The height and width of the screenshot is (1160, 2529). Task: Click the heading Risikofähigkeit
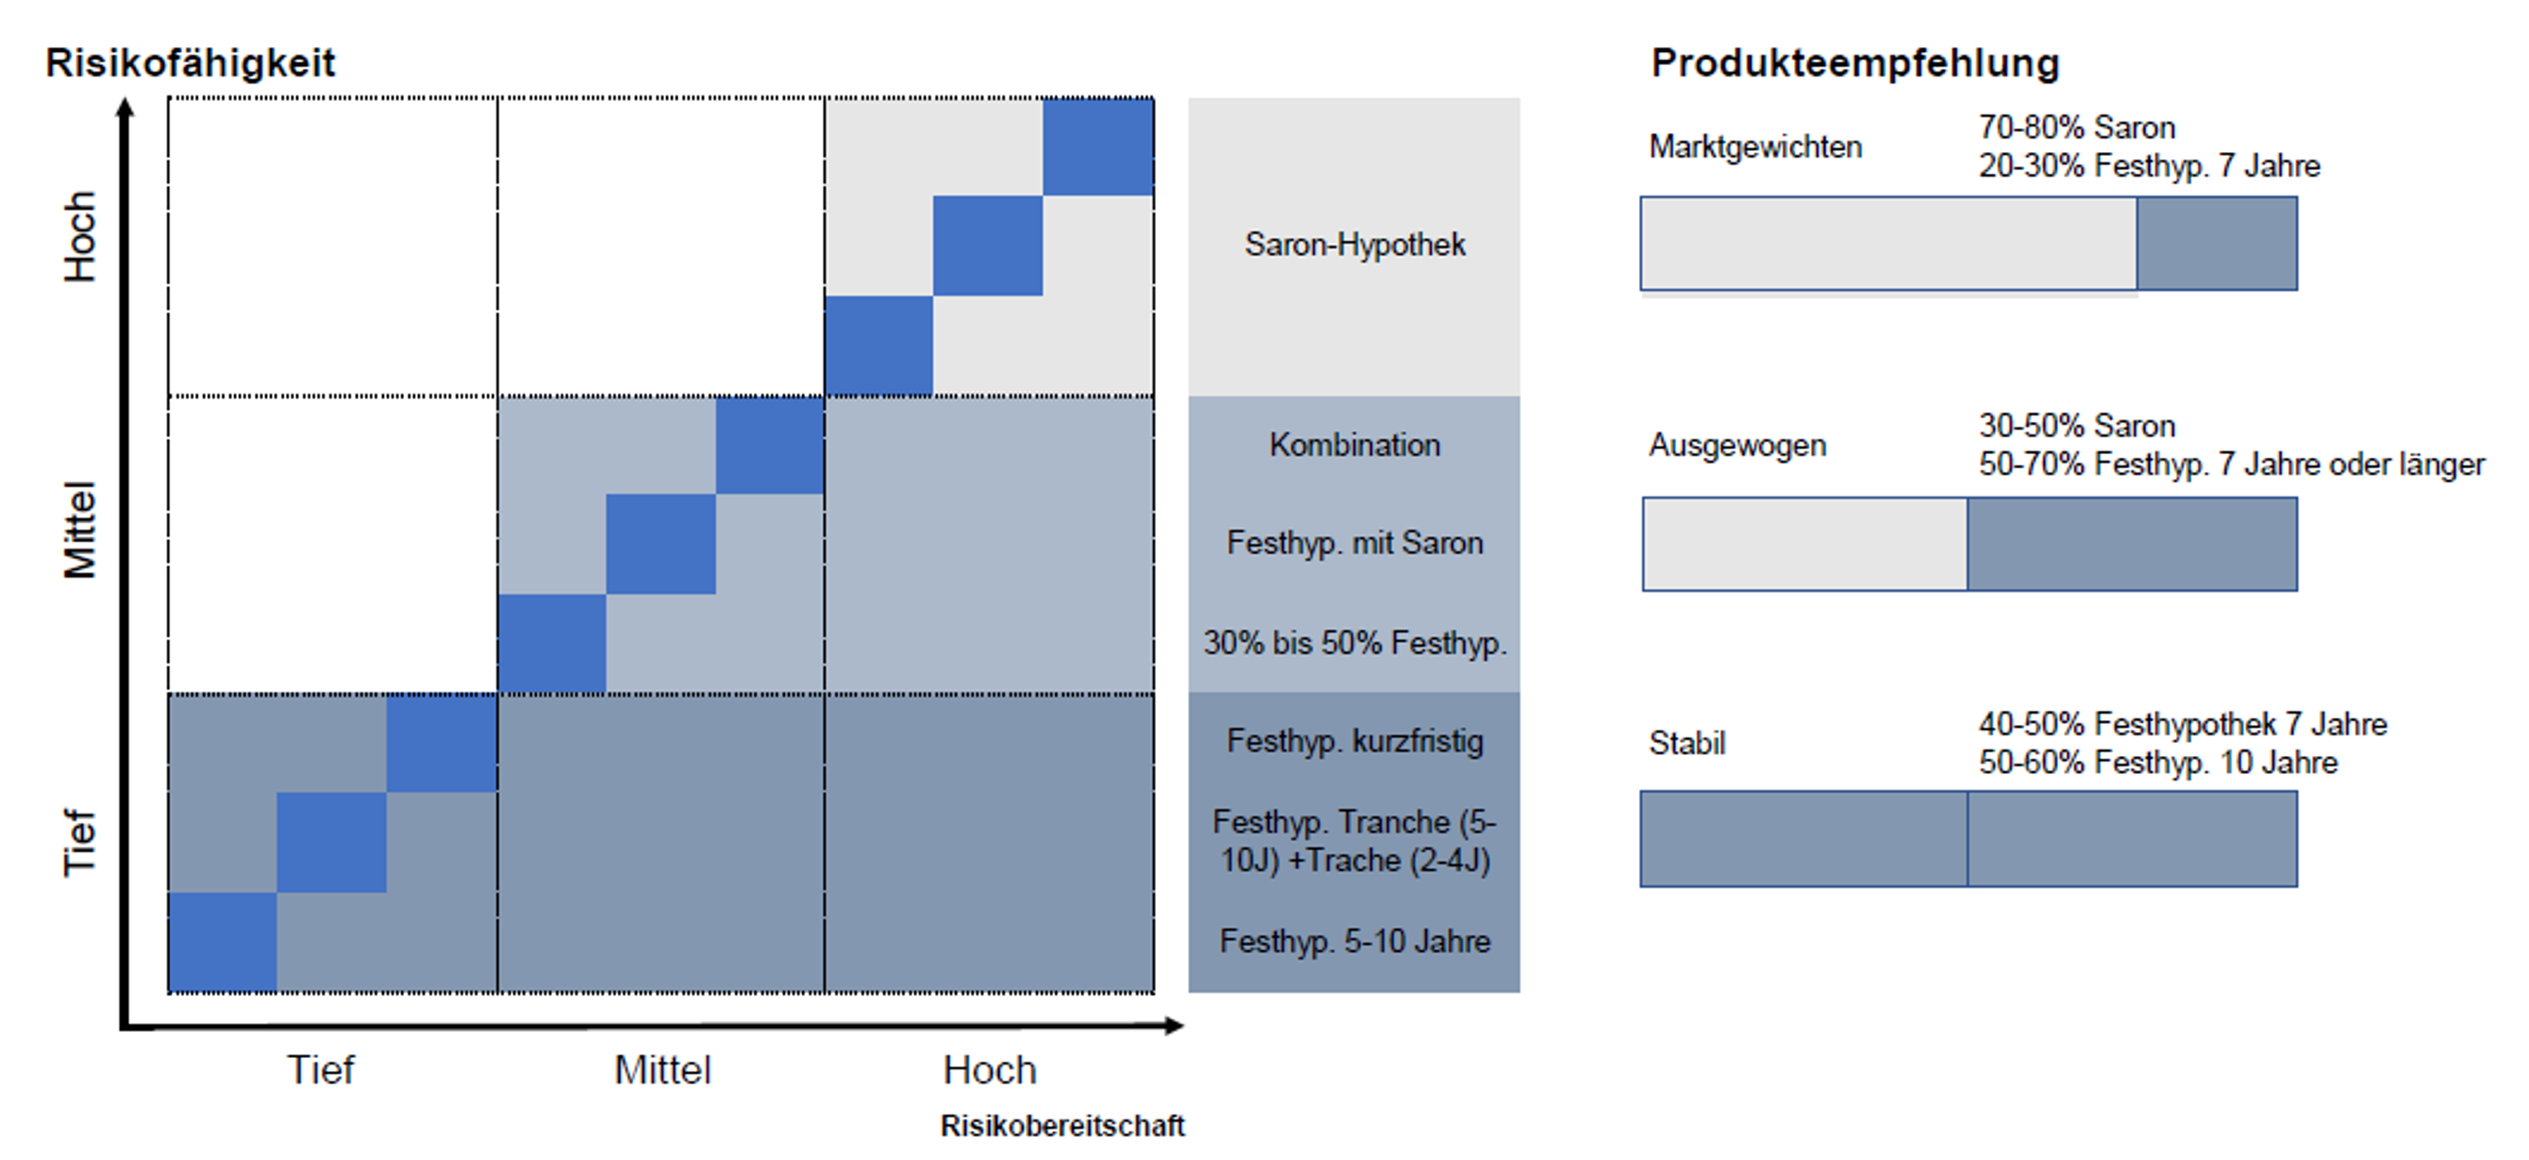pyautogui.click(x=190, y=63)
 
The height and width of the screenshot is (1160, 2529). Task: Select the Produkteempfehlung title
pyautogui.click(x=1854, y=63)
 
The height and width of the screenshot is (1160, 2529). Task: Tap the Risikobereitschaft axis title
pyautogui.click(x=1063, y=1126)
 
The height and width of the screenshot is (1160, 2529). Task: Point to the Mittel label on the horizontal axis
pyautogui.click(x=662, y=1069)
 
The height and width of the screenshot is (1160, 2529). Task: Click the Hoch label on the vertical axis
pyautogui.click(x=80, y=237)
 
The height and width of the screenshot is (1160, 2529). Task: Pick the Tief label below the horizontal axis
pyautogui.click(x=320, y=1069)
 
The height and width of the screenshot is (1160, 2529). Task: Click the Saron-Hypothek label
pyautogui.click(x=1355, y=244)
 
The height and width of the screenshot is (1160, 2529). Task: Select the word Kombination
pyautogui.click(x=1355, y=445)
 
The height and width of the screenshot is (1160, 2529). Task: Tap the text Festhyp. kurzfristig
pyautogui.click(x=1355, y=741)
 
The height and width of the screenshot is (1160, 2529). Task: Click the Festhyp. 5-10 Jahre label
pyautogui.click(x=1355, y=942)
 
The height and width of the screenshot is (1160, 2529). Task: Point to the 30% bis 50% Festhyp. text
pyautogui.click(x=1355, y=644)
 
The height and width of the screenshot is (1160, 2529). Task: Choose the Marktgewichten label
pyautogui.click(x=1755, y=147)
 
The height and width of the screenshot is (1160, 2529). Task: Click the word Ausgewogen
pyautogui.click(x=1737, y=446)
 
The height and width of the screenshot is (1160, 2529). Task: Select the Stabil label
pyautogui.click(x=1686, y=744)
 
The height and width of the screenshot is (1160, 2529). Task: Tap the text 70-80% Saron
pyautogui.click(x=2076, y=127)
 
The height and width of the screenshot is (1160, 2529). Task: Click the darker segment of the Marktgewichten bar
pyautogui.click(x=2217, y=244)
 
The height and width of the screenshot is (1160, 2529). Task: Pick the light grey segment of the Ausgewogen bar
pyautogui.click(x=1804, y=545)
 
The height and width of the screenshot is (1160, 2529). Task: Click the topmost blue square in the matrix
pyautogui.click(x=1097, y=147)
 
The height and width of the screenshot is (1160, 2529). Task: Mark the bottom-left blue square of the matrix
pyautogui.click(x=223, y=942)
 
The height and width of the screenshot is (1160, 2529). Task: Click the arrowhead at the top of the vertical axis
pyautogui.click(x=125, y=107)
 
